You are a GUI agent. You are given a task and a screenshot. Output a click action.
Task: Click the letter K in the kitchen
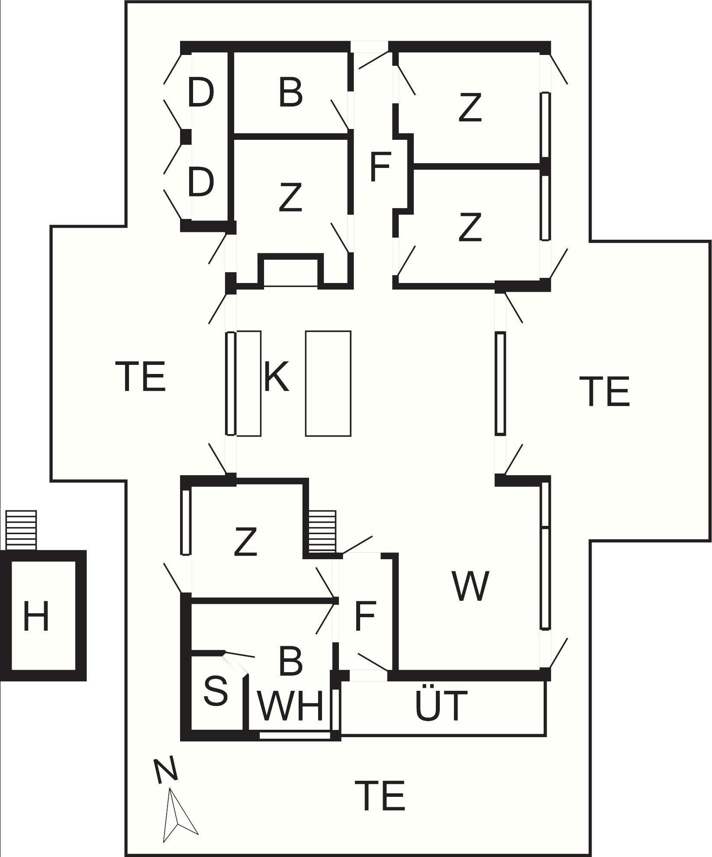click(x=276, y=377)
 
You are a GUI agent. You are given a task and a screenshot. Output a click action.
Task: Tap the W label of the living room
click(x=470, y=586)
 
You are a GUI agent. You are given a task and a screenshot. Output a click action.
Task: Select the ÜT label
click(x=441, y=706)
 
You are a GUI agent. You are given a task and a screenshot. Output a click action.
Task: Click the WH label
click(x=291, y=706)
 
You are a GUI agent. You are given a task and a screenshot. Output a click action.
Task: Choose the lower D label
click(x=200, y=182)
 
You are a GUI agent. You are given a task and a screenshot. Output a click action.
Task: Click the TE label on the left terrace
click(x=141, y=377)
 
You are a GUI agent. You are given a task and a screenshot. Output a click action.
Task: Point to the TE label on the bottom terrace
click(x=380, y=795)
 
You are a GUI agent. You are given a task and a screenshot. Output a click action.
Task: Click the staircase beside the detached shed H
click(x=21, y=530)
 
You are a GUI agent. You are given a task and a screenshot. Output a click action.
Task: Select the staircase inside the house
click(x=323, y=532)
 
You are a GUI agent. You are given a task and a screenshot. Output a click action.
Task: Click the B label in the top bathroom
click(x=290, y=93)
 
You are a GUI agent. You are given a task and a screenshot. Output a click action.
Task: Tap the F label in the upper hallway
click(x=380, y=167)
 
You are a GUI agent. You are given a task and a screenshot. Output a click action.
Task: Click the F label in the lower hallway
click(x=365, y=616)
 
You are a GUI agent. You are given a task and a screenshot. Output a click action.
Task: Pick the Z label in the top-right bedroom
click(x=470, y=108)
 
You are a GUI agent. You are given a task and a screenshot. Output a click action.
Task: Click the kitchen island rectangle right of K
click(x=328, y=383)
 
